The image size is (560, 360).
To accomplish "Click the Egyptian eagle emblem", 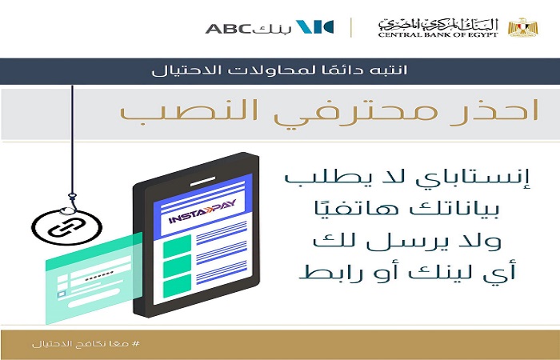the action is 523,27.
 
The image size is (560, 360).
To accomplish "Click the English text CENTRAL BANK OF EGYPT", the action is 438,34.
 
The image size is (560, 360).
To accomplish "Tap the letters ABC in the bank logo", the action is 229,29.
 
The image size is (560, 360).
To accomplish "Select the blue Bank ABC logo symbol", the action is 314,27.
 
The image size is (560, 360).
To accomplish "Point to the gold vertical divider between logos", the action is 351,27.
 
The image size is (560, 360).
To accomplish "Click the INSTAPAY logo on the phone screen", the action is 202,213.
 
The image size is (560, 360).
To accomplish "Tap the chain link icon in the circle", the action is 66,228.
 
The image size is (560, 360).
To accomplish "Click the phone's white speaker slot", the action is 202,182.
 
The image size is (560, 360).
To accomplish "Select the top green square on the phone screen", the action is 177,246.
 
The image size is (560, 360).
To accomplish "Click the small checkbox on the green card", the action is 62,294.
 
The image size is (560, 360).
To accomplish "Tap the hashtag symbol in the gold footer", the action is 136,344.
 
